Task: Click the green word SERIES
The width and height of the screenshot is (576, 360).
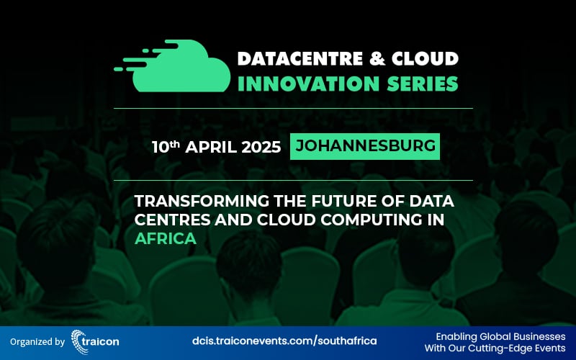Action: (x=420, y=84)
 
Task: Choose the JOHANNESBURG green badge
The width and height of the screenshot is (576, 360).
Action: (x=365, y=146)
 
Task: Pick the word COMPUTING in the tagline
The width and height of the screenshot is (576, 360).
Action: (x=380, y=219)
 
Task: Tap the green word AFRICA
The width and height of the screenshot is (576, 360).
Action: (x=166, y=238)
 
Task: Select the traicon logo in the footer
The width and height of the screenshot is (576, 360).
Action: (x=96, y=339)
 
